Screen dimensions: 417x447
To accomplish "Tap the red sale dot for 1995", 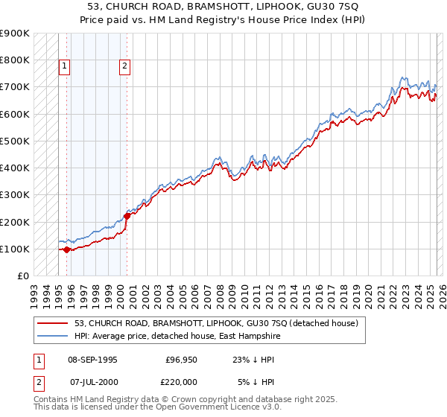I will click(x=66, y=250).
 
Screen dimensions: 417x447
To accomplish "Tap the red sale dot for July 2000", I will click(x=127, y=217).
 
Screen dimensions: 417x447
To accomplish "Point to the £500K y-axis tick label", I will click(x=15, y=141).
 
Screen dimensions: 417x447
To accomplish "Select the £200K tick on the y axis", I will click(x=15, y=222).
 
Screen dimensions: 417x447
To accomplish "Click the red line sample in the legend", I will click(x=51, y=323).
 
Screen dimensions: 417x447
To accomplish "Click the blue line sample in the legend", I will click(x=51, y=336).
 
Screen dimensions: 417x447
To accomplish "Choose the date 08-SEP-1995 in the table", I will click(x=92, y=360).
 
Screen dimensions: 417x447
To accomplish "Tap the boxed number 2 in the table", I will click(x=38, y=382).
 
